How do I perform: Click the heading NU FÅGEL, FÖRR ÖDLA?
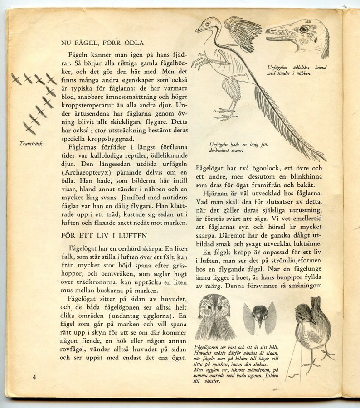(x=100, y=44)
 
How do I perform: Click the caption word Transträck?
(x=31, y=143)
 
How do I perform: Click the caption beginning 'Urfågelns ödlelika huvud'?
(x=297, y=70)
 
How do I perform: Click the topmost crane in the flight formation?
(x=16, y=79)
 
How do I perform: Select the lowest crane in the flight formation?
(x=29, y=129)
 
